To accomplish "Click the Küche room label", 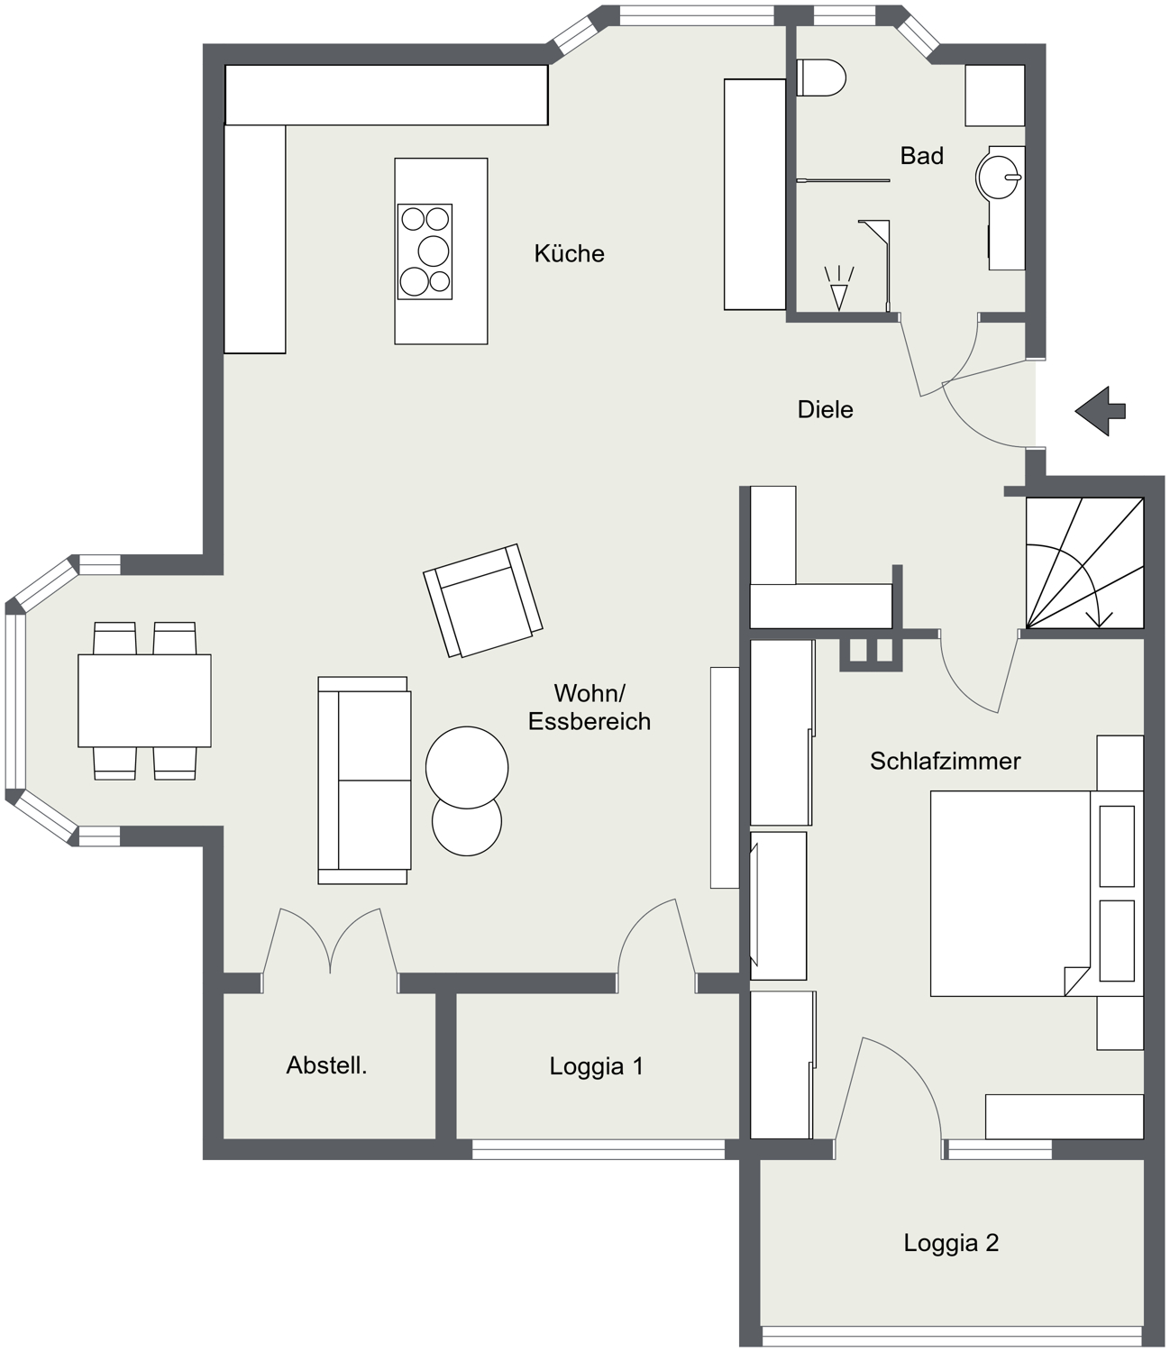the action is coord(569,254).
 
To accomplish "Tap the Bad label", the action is coord(921,156).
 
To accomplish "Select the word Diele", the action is coord(825,409).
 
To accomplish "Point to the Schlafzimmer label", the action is coord(945,761).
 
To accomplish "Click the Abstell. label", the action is coord(326,1065).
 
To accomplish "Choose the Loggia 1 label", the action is coord(596,1066).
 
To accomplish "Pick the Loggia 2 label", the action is coord(951,1243).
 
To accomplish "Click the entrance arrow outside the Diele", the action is coord(1100,411).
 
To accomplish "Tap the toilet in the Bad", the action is coord(821,78).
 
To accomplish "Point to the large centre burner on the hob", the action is coord(433,251).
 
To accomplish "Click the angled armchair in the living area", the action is coord(482,600).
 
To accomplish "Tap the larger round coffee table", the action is coord(466,767).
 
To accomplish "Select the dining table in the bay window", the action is coord(144,700).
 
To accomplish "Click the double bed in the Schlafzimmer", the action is coord(1037,893).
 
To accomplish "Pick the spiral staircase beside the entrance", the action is coord(1084,563).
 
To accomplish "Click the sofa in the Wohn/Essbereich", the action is coord(364,781).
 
